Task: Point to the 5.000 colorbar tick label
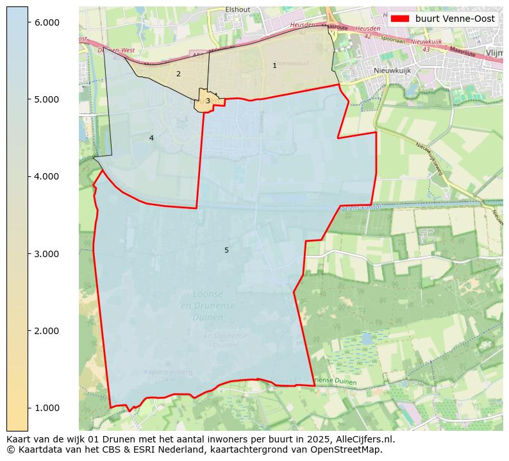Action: click(46, 99)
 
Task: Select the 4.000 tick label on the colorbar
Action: click(46, 176)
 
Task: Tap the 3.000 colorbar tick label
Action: click(46, 254)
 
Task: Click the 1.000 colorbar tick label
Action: click(46, 408)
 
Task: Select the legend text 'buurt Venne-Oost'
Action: click(455, 19)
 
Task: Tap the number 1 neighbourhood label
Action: click(274, 65)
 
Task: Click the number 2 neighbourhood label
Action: click(178, 74)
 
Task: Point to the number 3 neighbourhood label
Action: click(208, 101)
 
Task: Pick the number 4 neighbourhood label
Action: click(151, 138)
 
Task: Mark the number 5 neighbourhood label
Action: click(226, 250)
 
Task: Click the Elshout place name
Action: click(238, 10)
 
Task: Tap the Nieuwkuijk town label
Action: click(392, 71)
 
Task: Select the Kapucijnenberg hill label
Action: click(159, 372)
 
